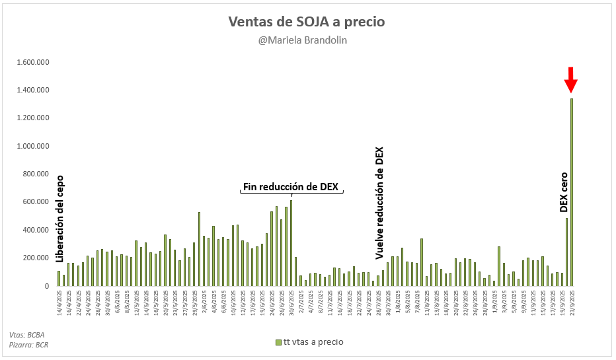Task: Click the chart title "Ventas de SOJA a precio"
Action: (306, 22)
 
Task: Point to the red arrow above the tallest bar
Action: (571, 81)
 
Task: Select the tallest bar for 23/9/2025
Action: (572, 192)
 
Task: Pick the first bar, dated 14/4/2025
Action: (59, 278)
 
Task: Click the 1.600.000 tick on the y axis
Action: (32, 62)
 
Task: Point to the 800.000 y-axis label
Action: (37, 174)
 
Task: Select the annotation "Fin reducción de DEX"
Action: (291, 187)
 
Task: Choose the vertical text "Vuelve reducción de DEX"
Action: (379, 203)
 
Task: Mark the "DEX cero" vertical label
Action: (564, 192)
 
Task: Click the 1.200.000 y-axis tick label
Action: (32, 118)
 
